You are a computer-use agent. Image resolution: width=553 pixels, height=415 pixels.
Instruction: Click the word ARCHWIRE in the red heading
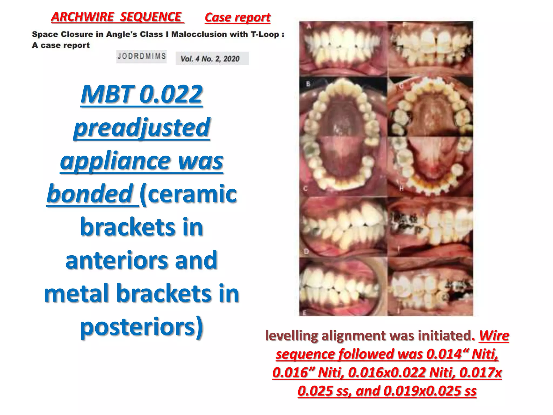coord(83,17)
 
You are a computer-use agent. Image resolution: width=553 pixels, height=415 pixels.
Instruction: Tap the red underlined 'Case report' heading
coord(237,18)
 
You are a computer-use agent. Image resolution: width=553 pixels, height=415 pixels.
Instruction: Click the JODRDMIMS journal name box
coord(141,56)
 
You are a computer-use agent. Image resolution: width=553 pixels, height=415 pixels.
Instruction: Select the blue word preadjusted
coord(141,127)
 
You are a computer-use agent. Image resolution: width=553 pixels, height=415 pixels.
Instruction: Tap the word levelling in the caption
coord(291,336)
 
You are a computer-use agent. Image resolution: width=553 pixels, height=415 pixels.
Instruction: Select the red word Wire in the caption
coord(494,336)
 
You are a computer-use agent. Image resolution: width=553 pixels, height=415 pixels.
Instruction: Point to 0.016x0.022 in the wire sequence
coord(386,372)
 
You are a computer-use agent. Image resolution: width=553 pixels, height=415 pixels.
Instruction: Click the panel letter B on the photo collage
coord(308,84)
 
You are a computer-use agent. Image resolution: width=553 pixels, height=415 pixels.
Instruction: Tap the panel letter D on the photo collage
coord(306,251)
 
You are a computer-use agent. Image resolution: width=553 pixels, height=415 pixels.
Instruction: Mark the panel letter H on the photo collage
coord(402,188)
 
